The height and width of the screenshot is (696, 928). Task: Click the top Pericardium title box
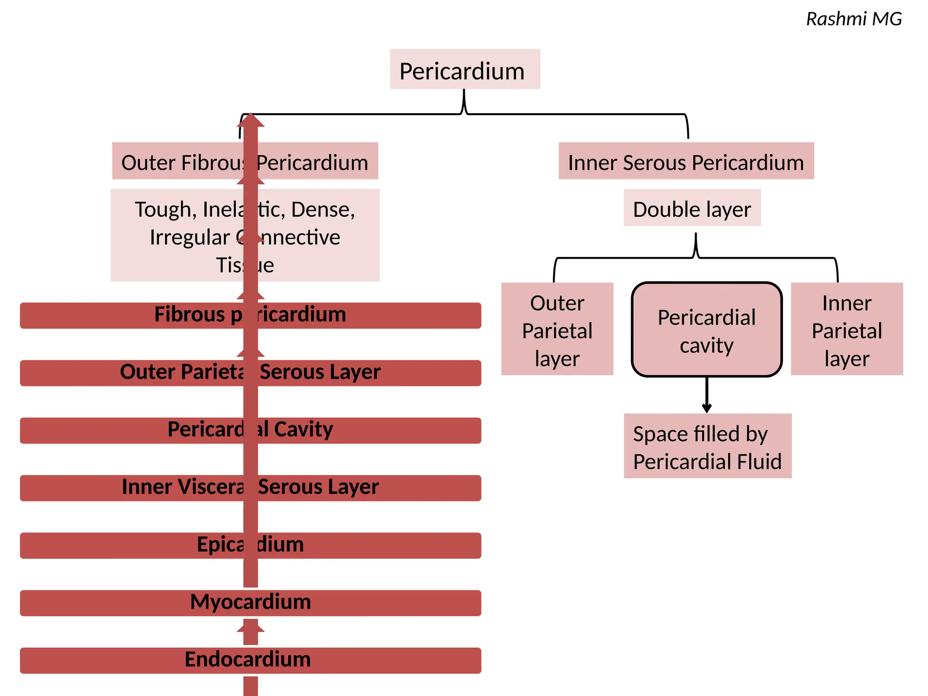465,69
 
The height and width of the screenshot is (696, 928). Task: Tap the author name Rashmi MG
854,19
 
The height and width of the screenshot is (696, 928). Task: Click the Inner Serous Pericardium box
686,161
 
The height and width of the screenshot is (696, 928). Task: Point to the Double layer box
692,208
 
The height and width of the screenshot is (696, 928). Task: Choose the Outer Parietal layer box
557,329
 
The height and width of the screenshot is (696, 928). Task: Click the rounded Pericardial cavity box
706,329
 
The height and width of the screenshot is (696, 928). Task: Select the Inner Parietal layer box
846,329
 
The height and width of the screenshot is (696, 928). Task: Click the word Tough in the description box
163,210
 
